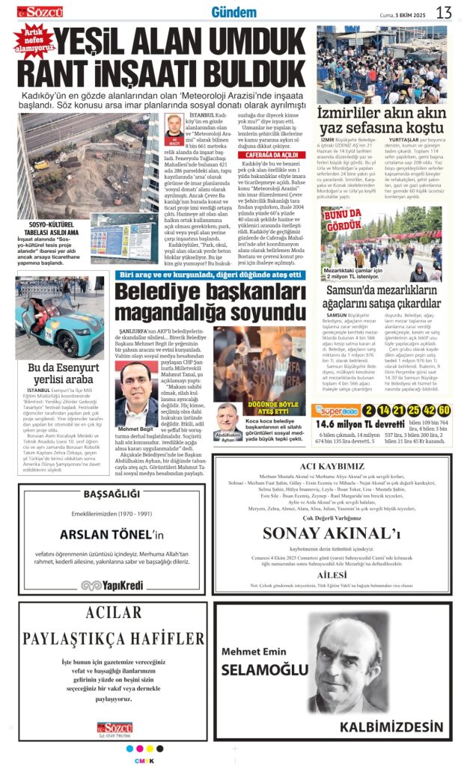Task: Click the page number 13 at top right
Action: [x=444, y=13]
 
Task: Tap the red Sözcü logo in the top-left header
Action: [x=41, y=12]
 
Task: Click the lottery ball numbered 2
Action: [x=369, y=410]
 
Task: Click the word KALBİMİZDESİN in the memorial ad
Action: [x=391, y=726]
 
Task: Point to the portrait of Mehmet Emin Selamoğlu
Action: [x=341, y=666]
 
